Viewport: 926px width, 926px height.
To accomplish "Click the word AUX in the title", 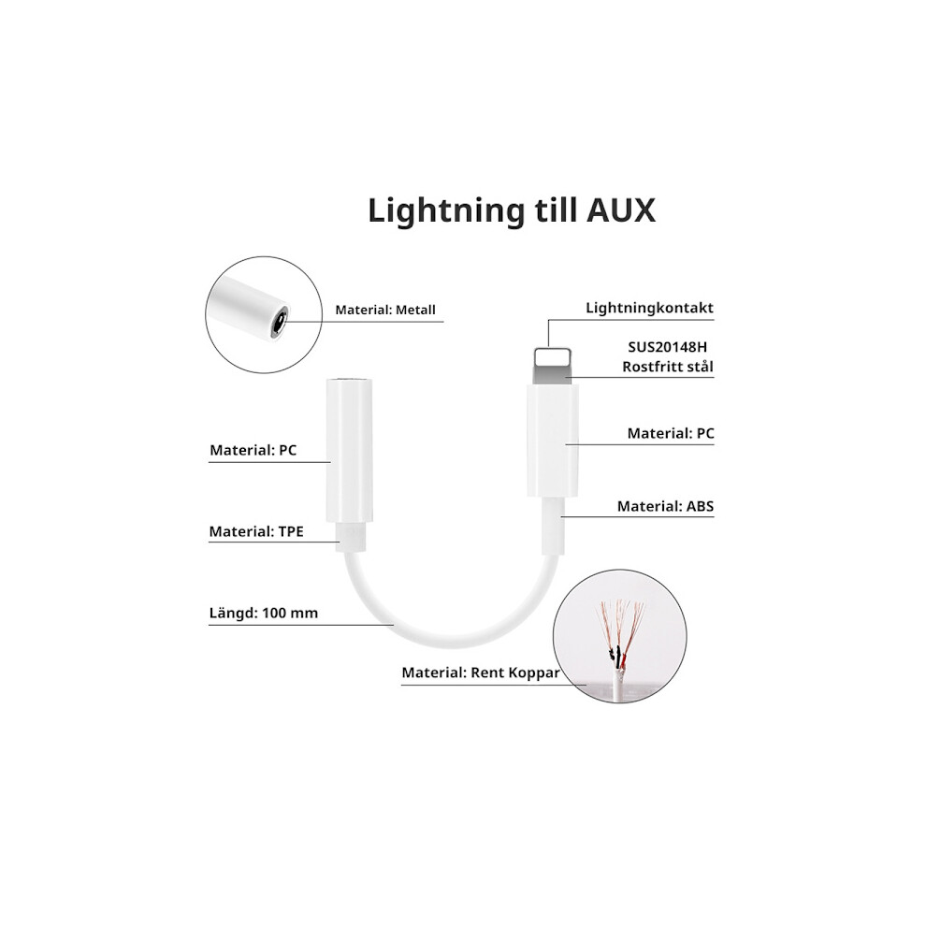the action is coord(621,210).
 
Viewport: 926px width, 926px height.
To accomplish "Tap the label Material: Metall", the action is coord(385,310).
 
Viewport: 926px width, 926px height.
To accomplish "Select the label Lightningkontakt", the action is coord(650,308).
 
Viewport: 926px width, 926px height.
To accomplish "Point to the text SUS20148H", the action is coord(667,347).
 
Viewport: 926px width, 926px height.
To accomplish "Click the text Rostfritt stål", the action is coord(668,367).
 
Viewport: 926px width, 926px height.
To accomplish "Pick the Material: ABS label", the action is coord(666,506).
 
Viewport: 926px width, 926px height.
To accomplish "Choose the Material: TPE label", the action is coord(256,531).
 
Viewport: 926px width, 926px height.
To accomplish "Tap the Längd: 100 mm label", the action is coord(264,613).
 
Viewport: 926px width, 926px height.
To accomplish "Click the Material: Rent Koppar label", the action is coord(481,673).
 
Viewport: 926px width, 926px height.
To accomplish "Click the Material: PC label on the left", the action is coord(253,450).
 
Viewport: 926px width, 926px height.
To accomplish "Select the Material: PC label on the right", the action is coord(671,433).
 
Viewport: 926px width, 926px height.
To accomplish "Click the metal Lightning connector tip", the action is coord(553,366).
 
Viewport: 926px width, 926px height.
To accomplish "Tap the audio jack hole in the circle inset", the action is coord(278,322).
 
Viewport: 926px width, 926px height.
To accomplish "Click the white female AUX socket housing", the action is coord(349,451).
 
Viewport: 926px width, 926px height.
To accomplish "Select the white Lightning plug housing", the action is coord(553,441).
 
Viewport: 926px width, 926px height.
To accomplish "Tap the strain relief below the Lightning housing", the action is coord(553,526).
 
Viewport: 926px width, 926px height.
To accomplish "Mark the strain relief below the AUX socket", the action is coord(349,537).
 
